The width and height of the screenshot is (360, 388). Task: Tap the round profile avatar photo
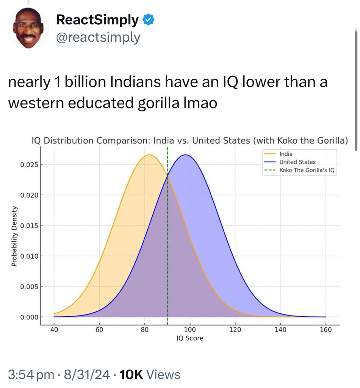point(28,28)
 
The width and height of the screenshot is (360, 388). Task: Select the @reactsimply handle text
point(98,38)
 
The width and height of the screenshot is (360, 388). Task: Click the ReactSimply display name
point(97,20)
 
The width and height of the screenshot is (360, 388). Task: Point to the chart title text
point(190,141)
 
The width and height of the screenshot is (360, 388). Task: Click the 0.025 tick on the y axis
point(29,165)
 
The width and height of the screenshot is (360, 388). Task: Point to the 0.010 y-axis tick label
point(29,256)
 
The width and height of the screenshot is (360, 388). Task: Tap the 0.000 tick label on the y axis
point(29,317)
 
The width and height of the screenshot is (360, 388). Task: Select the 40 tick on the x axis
point(54,330)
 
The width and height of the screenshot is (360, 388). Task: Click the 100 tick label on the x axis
point(190,330)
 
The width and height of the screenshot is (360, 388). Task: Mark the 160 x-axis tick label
point(326,330)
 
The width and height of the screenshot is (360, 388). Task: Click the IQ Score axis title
point(190,338)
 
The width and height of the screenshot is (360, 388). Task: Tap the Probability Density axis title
point(14,236)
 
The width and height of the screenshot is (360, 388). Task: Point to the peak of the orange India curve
point(149,155)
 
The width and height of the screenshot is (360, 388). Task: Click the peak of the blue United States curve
point(185,155)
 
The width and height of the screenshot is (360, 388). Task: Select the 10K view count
point(131,374)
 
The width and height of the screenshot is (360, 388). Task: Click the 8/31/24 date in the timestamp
point(87,374)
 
